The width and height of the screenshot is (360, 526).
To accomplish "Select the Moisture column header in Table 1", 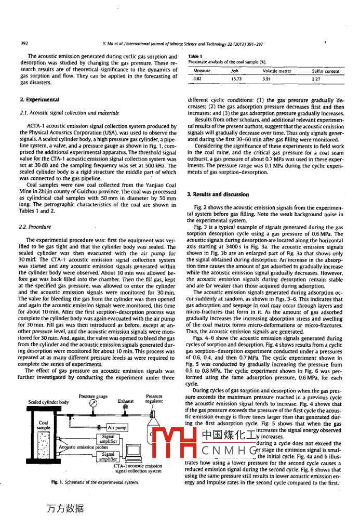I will coord(202,71).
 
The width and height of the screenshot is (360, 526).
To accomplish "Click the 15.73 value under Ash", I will coord(236,78).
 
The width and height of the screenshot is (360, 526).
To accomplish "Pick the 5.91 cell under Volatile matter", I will coord(267,78).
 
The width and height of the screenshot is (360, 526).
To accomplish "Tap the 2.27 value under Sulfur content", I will coord(316,78).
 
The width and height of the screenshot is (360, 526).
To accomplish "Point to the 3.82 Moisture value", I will coord(197,78).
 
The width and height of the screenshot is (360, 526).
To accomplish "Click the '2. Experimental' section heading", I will coord(39,100).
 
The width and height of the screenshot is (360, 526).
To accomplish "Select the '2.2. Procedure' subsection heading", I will coord(35,227).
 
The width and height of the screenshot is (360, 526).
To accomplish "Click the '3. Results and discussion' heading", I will coord(218,194).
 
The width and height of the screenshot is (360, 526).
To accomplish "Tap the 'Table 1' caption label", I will coord(195,56).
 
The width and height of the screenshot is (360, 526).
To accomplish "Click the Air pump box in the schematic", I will coord(117,427).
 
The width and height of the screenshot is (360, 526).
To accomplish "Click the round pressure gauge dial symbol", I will coord(93,403).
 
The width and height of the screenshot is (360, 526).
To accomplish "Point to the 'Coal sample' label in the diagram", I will coord(44,425).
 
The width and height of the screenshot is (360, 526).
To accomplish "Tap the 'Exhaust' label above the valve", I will coord(126,401).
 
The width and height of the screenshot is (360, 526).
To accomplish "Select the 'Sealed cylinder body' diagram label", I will coord(48,402).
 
